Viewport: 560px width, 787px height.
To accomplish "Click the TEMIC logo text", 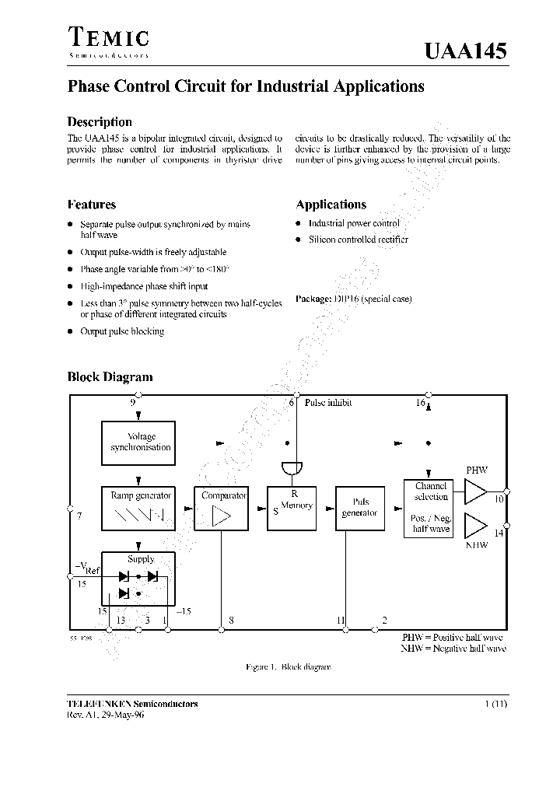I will click(108, 39).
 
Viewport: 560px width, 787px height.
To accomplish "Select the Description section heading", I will click(100, 122).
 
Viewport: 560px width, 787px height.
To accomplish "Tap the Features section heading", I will click(92, 205).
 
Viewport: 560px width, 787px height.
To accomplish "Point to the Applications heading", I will click(331, 205).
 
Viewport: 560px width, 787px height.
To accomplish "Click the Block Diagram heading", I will click(110, 377).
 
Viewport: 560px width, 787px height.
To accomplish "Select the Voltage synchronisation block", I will click(139, 442).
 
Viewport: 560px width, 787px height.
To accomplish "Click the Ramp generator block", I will click(139, 509).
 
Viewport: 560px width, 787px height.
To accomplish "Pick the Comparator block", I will click(223, 509).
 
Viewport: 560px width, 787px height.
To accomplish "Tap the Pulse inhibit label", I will click(327, 403).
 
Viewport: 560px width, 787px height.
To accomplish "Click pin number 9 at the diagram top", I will click(133, 403).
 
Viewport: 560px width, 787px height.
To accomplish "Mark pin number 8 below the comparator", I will click(231, 621).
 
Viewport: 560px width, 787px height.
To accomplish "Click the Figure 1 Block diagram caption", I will click(288, 667).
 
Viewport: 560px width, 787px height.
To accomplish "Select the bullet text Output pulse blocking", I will click(122, 331).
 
